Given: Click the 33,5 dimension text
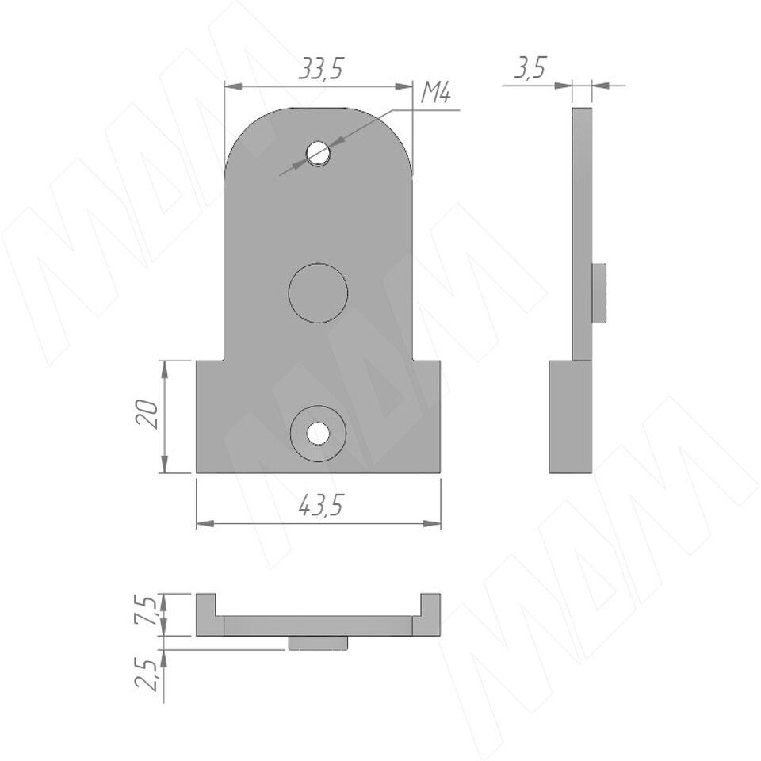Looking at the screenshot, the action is [320, 68].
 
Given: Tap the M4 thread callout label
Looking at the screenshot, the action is [435, 92].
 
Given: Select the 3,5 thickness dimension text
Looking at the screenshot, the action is [530, 67].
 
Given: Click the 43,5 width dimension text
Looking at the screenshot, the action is [320, 506].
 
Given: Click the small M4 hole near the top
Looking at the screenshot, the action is [319, 153].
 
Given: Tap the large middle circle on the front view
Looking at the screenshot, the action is [319, 293].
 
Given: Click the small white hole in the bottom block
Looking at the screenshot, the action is [319, 433].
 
